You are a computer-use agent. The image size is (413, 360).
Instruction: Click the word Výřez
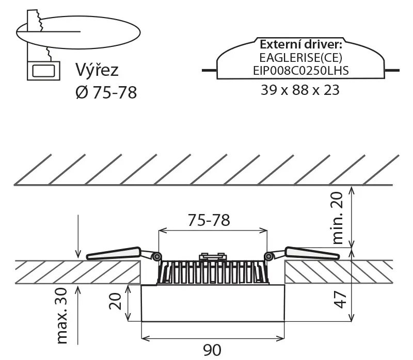(x=97, y=70)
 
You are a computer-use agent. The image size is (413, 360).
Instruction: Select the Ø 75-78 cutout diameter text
(x=106, y=92)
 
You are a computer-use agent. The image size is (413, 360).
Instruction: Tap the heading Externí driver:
(x=301, y=44)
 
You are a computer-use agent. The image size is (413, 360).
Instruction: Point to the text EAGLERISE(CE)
(x=300, y=58)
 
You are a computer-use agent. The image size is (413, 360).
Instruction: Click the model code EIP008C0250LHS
(x=301, y=71)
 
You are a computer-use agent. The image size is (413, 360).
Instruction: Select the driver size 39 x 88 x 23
(x=300, y=90)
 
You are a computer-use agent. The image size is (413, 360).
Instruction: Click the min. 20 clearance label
(x=338, y=218)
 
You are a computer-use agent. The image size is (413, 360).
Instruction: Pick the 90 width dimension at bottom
(x=212, y=350)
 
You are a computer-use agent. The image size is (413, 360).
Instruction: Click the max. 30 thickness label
(x=62, y=316)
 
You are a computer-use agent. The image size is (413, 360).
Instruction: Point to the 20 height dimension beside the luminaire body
(x=115, y=301)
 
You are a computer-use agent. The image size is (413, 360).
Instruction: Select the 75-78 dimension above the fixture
(x=209, y=220)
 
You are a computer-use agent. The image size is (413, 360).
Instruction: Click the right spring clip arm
(x=312, y=253)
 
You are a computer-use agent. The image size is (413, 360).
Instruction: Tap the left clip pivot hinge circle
(x=157, y=256)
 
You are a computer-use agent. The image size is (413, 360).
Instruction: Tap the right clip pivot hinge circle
(x=268, y=256)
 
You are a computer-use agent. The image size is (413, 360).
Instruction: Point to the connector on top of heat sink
(x=213, y=256)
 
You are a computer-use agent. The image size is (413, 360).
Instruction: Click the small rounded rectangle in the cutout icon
(x=43, y=71)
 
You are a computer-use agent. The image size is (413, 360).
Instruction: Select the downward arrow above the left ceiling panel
(x=78, y=236)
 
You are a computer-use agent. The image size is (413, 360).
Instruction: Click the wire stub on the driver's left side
(x=210, y=70)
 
